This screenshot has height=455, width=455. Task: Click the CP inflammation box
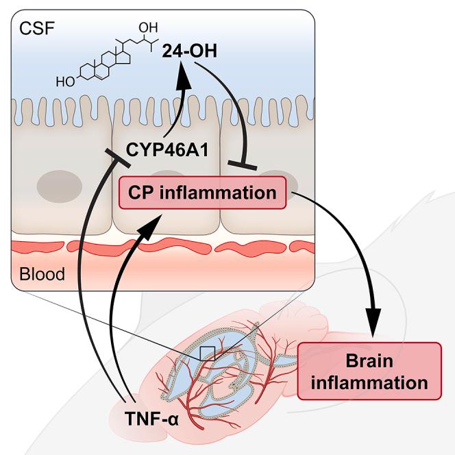202,193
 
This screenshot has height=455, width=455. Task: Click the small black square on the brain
207,353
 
